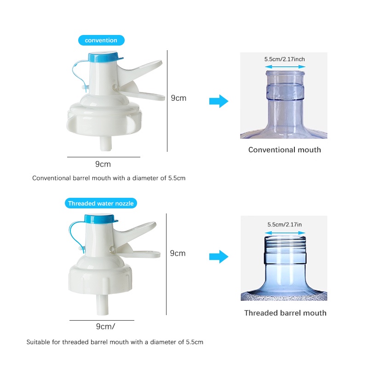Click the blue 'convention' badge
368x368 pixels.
coord(101,40)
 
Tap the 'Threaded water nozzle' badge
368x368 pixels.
coord(101,203)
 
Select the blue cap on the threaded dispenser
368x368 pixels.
coord(100,219)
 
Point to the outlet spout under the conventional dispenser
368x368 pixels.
coord(106,144)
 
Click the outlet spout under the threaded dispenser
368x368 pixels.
coord(102,305)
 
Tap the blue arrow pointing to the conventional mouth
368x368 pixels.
coord(219,101)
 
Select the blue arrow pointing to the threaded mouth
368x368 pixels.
coord(219,257)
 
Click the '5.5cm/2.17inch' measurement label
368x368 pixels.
coord(284,59)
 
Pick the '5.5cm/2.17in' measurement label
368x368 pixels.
coord(284,224)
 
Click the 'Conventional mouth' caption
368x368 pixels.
coord(284,150)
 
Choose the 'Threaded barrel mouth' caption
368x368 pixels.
coord(285,313)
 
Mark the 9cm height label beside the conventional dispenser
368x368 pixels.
coord(178,98)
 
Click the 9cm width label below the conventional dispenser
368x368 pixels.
coord(103,164)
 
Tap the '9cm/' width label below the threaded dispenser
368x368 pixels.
coord(105,327)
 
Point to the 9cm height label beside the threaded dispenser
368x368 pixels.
coord(178,253)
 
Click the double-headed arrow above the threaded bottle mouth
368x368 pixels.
coord(285,233)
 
